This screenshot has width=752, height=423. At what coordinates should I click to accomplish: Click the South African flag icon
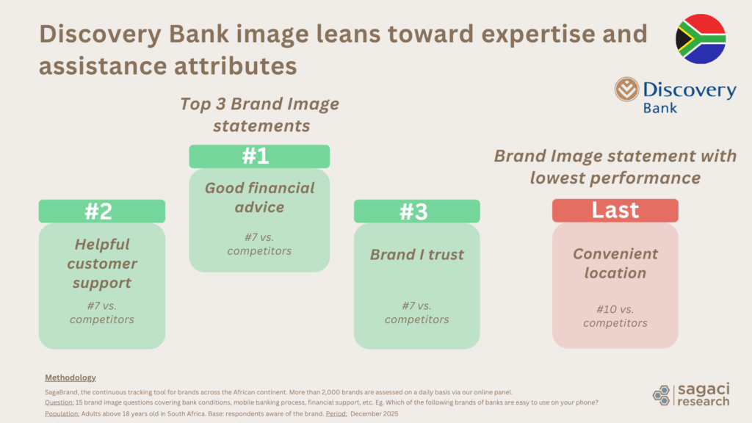[x=700, y=39]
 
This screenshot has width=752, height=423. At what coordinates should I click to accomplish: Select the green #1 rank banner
[x=259, y=156]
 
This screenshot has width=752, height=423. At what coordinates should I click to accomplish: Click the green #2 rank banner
[x=101, y=211]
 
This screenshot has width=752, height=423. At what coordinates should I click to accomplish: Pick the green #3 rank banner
[x=416, y=211]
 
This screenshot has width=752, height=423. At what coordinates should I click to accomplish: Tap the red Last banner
[x=615, y=210]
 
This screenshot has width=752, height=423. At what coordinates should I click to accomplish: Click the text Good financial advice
[x=259, y=198]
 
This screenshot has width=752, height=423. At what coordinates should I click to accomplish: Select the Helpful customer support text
[x=101, y=263]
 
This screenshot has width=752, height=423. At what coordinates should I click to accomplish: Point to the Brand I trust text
[x=416, y=255]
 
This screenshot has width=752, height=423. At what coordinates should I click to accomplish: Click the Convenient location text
[x=615, y=263]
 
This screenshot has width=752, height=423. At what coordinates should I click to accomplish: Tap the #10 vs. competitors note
[x=615, y=316]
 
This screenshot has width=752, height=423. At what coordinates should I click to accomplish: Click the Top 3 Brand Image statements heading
[x=260, y=115]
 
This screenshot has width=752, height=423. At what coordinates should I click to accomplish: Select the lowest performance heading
[x=615, y=167]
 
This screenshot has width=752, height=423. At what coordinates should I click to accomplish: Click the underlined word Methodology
[x=70, y=377]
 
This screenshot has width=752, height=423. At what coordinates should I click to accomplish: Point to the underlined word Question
[x=59, y=402]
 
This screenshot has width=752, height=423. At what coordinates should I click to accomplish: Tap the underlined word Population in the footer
[x=62, y=413]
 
